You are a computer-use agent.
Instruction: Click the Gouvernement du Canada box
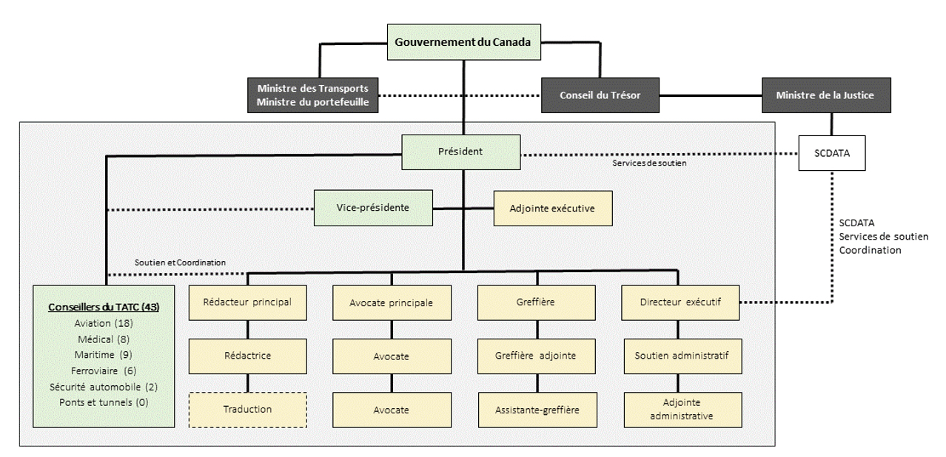coord(463,42)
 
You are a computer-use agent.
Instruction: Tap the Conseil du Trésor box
coord(600,95)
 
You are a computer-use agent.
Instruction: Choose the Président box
coord(461,151)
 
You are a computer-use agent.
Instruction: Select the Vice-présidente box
coord(372,208)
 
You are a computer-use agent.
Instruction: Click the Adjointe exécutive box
coord(553,208)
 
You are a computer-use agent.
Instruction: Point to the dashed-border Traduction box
coord(247,409)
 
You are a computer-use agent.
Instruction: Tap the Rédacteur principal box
coord(247,302)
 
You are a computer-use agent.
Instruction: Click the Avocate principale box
coord(391,302)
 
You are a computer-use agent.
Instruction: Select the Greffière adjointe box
coord(536,356)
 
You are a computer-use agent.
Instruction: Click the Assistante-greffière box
coord(536,409)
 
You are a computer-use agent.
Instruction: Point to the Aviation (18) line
coord(103,323)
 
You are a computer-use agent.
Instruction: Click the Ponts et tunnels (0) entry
coord(103,402)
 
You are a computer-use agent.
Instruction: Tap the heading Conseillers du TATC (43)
coord(103,307)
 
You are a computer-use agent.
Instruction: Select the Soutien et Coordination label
coord(180,263)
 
